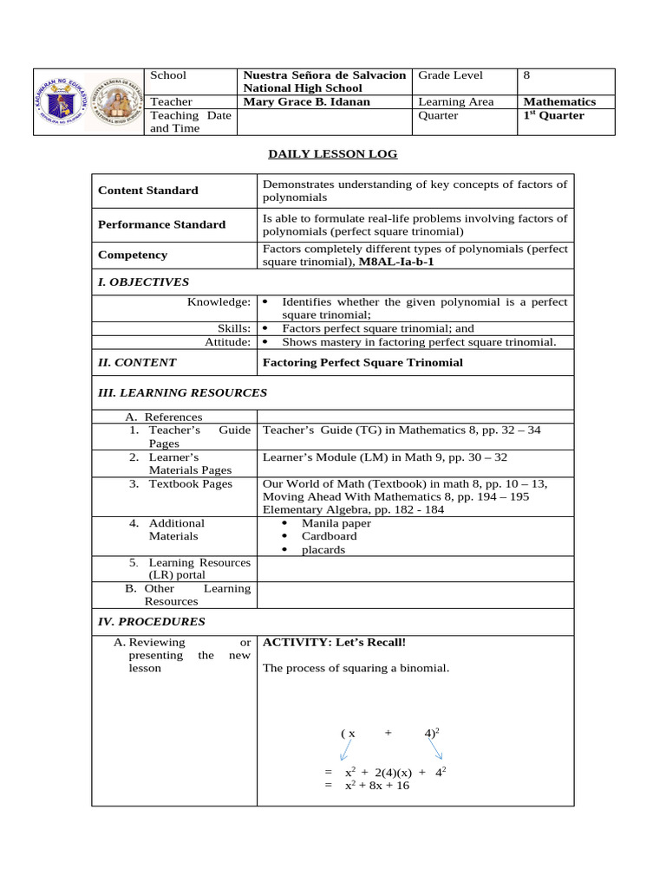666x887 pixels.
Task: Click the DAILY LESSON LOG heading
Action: coord(332,153)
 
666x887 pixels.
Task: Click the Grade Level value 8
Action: coord(526,75)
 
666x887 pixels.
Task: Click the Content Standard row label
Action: coord(148,191)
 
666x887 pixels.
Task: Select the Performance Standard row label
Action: coord(161,224)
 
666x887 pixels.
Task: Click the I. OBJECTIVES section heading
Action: coord(143,282)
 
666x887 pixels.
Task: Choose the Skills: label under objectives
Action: coord(233,329)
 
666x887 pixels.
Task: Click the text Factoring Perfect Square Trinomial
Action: coord(362,363)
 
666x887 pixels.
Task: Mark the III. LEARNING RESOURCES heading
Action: coord(182,393)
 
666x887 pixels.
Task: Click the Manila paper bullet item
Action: coord(336,523)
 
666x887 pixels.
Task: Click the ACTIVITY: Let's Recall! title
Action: coord(334,643)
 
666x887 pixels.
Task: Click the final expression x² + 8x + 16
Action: coord(377,786)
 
